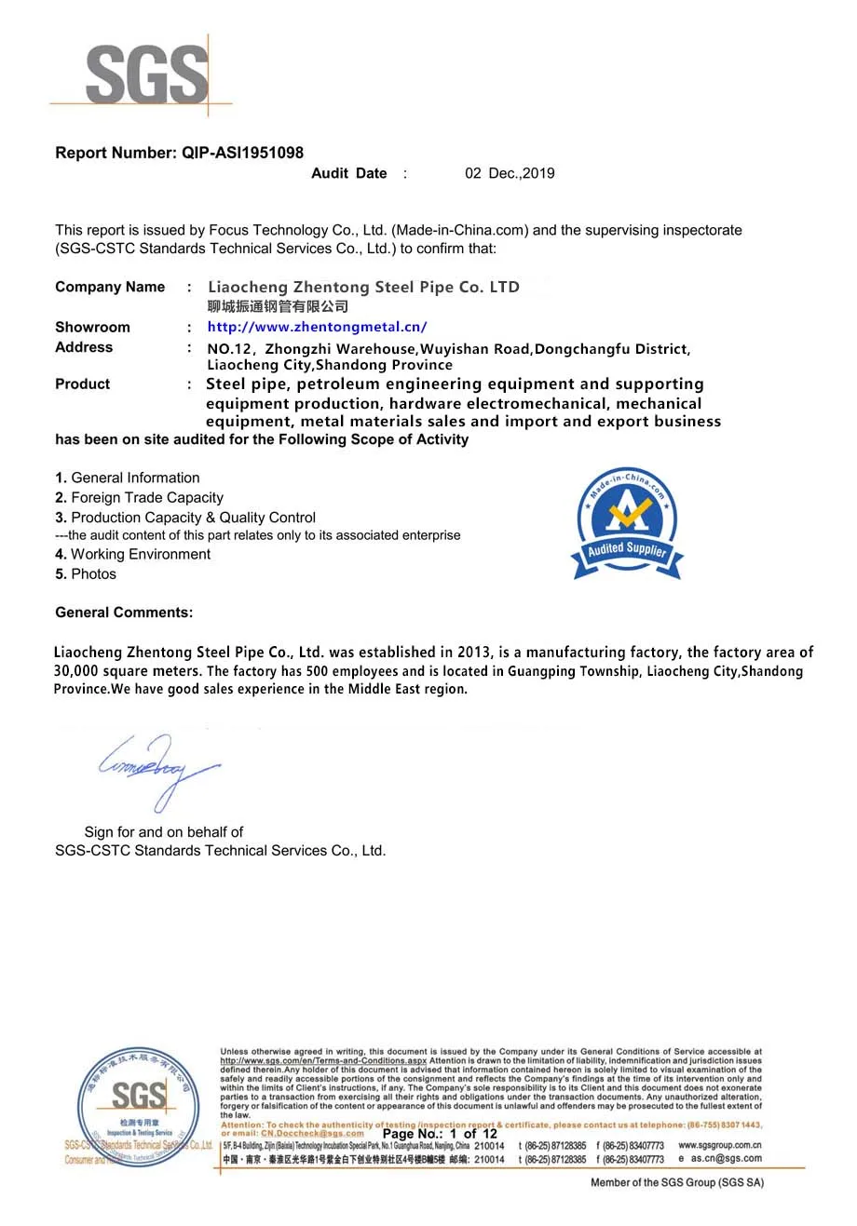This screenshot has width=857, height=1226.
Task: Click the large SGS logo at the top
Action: tap(146, 74)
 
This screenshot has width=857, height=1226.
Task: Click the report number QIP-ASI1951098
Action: tap(242, 153)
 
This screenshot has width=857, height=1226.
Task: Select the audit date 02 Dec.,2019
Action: tap(510, 173)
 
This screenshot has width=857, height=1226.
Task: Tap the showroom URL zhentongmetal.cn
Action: tap(317, 327)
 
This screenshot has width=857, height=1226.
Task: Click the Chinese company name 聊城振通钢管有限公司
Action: tap(278, 306)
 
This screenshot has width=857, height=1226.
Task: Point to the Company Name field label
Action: tap(110, 287)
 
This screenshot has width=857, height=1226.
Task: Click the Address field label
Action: tap(84, 347)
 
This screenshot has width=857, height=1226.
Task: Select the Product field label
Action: tap(82, 384)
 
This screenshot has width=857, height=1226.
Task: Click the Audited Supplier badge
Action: tap(627, 523)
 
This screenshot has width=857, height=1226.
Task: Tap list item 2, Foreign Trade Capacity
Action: tap(140, 498)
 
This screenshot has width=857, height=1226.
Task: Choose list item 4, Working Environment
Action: tap(133, 555)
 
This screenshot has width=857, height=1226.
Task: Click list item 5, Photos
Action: tap(86, 574)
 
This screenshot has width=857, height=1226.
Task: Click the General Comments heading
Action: tap(124, 613)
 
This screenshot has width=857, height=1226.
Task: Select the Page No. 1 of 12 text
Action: tap(440, 1134)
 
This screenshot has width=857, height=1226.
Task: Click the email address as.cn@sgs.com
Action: tap(726, 1159)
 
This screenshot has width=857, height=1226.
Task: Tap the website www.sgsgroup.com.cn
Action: tap(719, 1145)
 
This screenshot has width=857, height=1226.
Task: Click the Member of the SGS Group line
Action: tap(676, 1182)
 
